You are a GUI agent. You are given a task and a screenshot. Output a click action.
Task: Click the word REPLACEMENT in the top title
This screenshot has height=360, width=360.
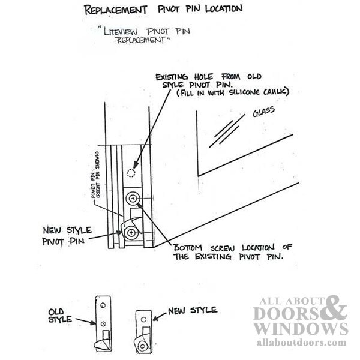(115, 10)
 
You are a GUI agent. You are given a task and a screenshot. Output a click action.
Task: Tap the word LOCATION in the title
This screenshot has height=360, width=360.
(224, 9)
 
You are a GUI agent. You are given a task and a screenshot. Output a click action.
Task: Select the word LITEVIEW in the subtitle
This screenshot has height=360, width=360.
(121, 31)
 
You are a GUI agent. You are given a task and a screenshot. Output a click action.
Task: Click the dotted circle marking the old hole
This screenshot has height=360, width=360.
(131, 173)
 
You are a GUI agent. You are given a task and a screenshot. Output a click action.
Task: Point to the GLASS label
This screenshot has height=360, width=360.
(263, 112)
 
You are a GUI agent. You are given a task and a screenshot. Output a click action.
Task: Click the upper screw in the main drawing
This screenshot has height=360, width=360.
(132, 199)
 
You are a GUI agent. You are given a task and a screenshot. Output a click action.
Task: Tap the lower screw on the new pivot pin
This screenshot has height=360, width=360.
(131, 233)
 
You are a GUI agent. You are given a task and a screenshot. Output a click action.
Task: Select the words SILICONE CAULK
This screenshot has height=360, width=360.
(258, 92)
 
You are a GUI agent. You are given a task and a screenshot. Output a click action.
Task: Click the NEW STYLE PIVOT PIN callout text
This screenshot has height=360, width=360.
(67, 236)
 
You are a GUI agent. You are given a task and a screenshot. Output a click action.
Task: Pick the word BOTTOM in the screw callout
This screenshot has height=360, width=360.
(188, 248)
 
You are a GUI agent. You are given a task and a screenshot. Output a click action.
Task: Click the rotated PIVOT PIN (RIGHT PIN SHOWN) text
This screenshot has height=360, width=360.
(95, 175)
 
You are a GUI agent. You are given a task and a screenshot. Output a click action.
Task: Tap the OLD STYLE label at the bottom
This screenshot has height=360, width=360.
(59, 316)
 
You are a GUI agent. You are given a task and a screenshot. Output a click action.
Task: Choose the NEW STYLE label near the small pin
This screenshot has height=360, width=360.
(193, 310)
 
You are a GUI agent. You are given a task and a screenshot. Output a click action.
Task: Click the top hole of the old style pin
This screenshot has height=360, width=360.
(103, 305)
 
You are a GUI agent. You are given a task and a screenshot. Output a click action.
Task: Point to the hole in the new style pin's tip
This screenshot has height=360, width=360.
(142, 346)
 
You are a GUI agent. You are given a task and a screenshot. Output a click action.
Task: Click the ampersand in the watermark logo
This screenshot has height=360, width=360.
(335, 308)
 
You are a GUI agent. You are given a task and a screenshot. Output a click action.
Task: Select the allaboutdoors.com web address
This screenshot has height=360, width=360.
(301, 343)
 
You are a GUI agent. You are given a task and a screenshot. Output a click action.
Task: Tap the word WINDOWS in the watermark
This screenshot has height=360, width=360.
(301, 329)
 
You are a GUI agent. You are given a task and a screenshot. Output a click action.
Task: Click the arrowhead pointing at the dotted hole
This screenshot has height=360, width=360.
(136, 164)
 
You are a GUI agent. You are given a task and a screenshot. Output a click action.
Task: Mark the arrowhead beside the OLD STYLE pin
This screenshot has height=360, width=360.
(93, 323)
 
